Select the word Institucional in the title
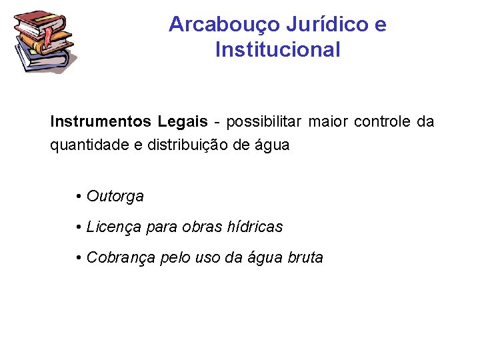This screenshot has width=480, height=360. coord(277,49)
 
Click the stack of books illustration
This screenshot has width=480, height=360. coord(44,41)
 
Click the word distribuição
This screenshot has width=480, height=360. coord(179,145)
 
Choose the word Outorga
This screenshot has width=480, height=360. coord(115,197)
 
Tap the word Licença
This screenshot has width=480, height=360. coord(113,227)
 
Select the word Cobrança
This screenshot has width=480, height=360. coord(121,257)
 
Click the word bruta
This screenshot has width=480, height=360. coord(305,257)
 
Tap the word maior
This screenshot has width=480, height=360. coord(331,122)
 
